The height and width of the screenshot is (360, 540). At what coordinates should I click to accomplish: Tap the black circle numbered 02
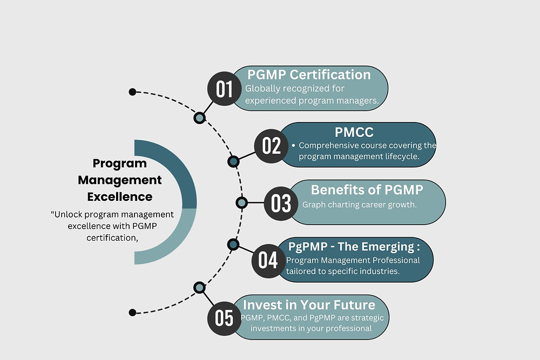tap(272, 146)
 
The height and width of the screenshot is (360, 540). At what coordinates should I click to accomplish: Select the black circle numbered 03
tap(281, 203)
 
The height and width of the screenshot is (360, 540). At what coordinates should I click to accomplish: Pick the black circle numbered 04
tap(268, 260)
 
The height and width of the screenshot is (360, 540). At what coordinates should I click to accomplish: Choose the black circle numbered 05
tap(224, 317)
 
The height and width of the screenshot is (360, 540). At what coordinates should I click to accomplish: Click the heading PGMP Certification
tap(309, 74)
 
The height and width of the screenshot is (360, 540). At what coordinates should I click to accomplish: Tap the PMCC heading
tap(354, 132)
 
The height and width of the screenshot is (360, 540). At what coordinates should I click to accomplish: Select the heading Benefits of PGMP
tap(367, 189)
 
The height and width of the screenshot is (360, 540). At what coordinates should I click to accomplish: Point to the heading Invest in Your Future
tap(308, 304)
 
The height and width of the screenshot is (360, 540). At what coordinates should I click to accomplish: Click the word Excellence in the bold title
tap(119, 196)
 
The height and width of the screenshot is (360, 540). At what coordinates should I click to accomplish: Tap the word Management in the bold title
tap(119, 180)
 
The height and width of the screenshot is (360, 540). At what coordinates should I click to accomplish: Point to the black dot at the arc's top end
tap(132, 92)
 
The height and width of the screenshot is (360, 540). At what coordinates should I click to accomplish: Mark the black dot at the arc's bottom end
tap(132, 312)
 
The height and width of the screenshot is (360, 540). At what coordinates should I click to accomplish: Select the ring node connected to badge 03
tap(241, 202)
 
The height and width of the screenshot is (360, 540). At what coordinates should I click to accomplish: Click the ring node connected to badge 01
tap(199, 118)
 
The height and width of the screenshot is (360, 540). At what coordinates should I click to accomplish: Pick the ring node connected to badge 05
tap(199, 288)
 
